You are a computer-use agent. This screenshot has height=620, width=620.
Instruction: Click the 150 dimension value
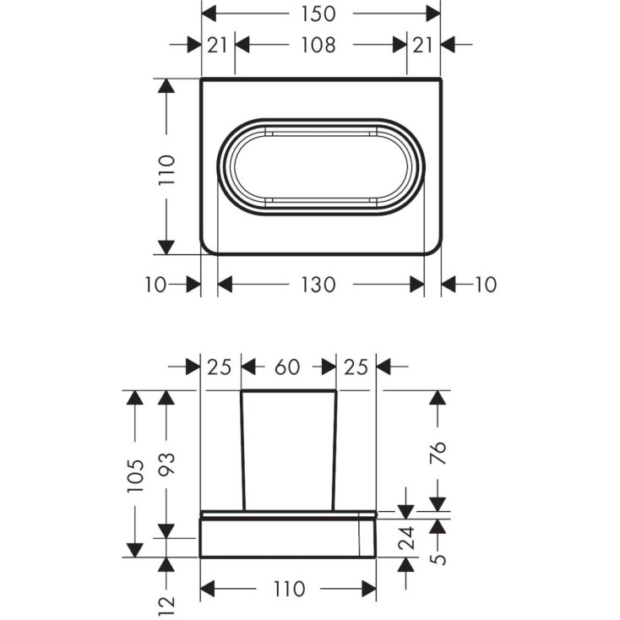click(x=318, y=14)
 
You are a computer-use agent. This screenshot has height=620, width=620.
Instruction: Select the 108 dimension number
click(x=318, y=45)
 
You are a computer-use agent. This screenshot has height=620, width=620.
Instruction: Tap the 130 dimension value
click(x=318, y=285)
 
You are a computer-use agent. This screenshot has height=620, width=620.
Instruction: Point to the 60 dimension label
click(x=287, y=367)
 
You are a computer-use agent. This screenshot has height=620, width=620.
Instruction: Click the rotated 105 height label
click(x=135, y=476)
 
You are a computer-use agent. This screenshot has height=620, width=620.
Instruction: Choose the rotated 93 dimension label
click(x=166, y=464)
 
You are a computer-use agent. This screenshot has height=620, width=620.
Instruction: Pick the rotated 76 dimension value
click(x=438, y=453)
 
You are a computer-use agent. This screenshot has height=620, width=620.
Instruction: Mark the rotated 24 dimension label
click(x=406, y=538)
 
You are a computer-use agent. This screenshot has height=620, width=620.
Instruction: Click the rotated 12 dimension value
click(x=166, y=606)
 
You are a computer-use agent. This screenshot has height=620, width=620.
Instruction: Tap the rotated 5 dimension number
click(x=438, y=559)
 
